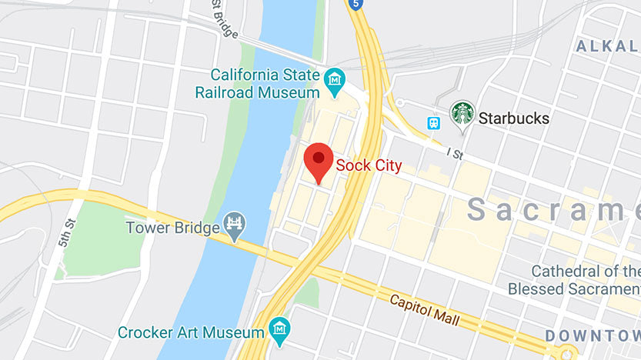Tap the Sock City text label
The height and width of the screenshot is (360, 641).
[369, 165]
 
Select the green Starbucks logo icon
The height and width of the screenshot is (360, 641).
[462, 114]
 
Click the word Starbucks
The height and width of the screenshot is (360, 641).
[514, 118]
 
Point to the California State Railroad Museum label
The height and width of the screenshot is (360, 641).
[265, 84]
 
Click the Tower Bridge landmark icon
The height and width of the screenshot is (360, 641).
[233, 225]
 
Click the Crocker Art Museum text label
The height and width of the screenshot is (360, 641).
[190, 333]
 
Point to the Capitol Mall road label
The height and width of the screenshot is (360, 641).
[425, 309]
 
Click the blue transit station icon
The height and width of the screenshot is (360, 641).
[434, 122]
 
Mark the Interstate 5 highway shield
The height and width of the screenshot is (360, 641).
[355, 5]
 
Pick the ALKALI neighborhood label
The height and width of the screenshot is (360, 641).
[608, 46]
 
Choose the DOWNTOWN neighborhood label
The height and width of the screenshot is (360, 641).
[593, 335]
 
